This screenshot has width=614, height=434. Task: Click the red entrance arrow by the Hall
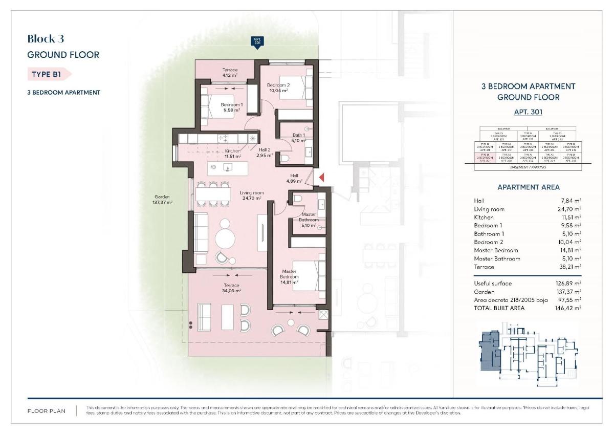click(x=322, y=177)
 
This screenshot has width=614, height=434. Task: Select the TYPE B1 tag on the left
click(x=48, y=74)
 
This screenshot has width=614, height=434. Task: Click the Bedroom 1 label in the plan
click(x=231, y=107)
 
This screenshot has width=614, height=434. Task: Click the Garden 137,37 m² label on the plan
click(x=162, y=200)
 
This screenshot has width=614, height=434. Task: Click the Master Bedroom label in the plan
click(x=289, y=274)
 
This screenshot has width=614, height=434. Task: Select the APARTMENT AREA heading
click(x=528, y=187)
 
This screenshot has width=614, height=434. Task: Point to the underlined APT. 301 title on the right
click(x=528, y=112)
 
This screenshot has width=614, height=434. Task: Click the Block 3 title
click(x=46, y=38)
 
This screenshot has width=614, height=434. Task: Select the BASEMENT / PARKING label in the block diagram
click(x=528, y=167)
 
